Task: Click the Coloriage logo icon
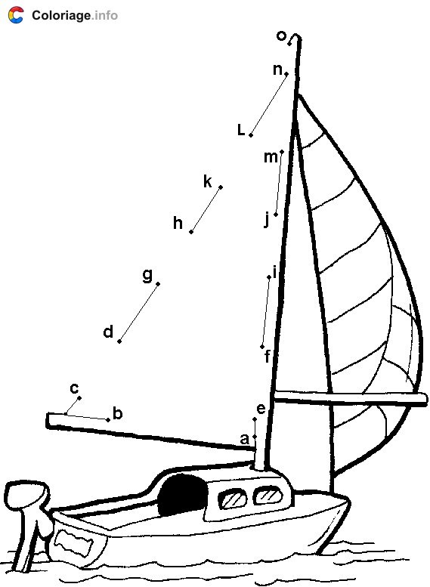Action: (16, 15)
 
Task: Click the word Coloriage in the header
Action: (61, 15)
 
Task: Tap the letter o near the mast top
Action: (281, 36)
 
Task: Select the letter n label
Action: (277, 70)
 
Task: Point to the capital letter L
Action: (241, 130)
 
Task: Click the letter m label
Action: (271, 157)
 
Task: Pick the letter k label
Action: (208, 181)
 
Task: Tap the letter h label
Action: (178, 223)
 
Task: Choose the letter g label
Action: (148, 275)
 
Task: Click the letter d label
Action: (108, 332)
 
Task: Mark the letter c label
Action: (75, 388)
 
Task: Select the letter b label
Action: (118, 414)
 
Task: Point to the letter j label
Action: (267, 219)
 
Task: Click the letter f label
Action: (267, 357)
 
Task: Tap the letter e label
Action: (261, 409)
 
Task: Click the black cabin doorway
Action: (182, 494)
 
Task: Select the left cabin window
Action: (232, 499)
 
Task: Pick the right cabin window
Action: (268, 496)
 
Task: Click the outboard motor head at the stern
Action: (27, 494)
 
